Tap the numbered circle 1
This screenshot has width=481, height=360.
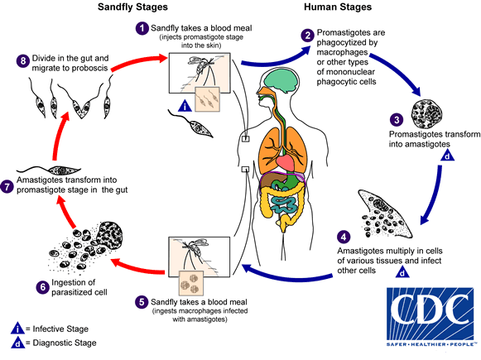[x=141, y=28]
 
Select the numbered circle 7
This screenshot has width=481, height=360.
[x=8, y=188]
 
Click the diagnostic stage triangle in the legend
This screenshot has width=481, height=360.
[x=7, y=342]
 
